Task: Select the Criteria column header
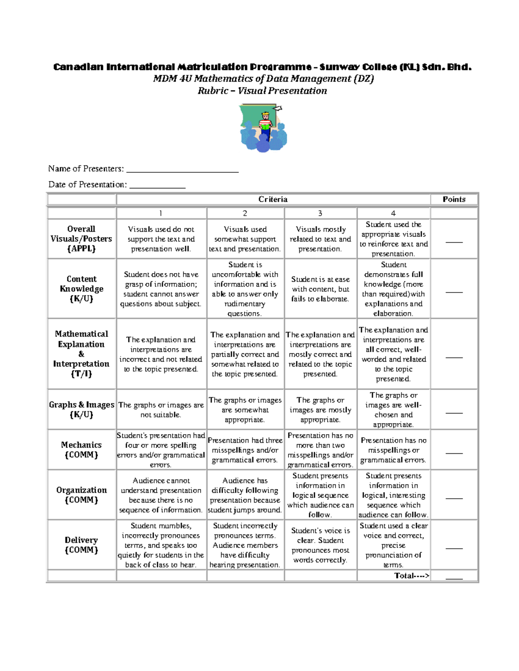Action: (273, 199)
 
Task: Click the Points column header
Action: (454, 199)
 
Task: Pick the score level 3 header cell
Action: (320, 213)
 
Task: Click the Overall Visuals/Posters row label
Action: (81, 239)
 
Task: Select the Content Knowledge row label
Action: (81, 289)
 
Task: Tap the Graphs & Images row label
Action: (81, 410)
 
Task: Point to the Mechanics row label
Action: (81, 449)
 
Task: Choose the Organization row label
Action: (81, 495)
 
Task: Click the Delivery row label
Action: (81, 545)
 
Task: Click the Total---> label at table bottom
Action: (412, 576)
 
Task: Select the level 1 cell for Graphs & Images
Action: (161, 410)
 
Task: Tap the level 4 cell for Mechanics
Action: (393, 450)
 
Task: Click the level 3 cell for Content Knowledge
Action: (320, 289)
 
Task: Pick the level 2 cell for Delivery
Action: (245, 545)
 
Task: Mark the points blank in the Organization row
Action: (454, 498)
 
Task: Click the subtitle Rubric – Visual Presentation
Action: (262, 91)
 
